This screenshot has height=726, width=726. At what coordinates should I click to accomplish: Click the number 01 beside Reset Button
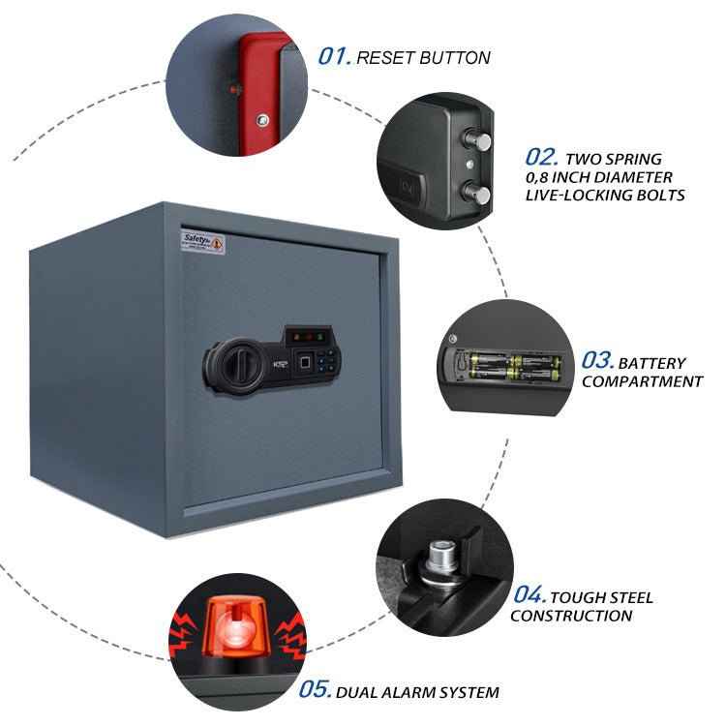(x=334, y=56)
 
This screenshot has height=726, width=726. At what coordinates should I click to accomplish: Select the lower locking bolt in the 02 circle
(x=476, y=190)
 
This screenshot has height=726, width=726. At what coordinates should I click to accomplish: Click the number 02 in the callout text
(x=542, y=157)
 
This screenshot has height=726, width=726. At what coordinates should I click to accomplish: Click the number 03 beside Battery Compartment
(x=597, y=361)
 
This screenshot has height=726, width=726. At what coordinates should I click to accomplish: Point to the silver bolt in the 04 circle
(x=442, y=557)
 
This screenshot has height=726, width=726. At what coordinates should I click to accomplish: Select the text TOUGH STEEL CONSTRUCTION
(x=581, y=606)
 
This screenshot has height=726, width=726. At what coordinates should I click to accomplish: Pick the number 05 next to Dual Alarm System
(x=316, y=690)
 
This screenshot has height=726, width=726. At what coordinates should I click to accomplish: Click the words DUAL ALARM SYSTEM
(x=418, y=692)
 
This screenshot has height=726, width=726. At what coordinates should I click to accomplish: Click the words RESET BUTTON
(x=423, y=58)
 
